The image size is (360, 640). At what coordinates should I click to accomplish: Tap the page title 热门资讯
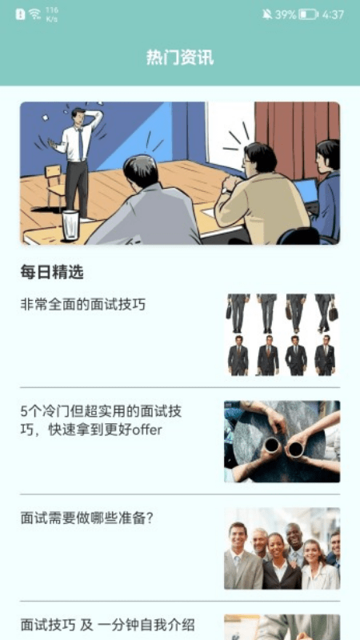[180, 58]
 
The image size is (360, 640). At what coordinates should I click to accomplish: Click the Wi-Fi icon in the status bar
[34, 14]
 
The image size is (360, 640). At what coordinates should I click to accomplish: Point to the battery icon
[308, 15]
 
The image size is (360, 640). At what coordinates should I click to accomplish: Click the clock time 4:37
[333, 15]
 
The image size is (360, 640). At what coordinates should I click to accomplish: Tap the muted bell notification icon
[267, 14]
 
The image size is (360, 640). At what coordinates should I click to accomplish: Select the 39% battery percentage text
[286, 15]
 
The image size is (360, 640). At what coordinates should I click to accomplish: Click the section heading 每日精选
[52, 272]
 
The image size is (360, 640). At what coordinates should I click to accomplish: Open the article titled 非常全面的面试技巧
[83, 305]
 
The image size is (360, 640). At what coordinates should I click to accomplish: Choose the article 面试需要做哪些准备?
[86, 518]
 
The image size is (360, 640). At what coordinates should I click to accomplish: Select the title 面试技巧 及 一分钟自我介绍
[107, 625]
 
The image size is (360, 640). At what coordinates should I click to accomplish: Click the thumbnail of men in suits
[282, 334]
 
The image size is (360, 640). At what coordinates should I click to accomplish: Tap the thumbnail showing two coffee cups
[282, 442]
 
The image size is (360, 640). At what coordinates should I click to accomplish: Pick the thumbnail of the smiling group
[282, 548]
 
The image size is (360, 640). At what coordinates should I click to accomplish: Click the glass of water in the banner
[70, 225]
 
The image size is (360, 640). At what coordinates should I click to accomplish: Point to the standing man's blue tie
[81, 144]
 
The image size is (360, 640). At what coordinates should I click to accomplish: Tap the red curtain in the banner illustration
[298, 138]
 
